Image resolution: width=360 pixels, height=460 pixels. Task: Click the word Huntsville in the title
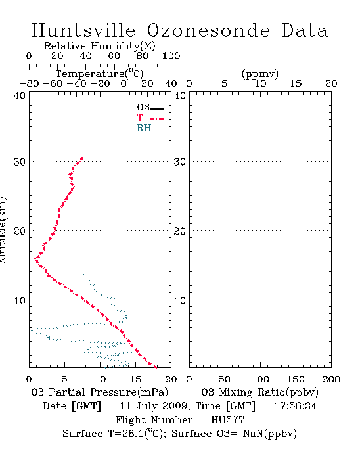click(x=83, y=30)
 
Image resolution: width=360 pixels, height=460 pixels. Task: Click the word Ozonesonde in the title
click(x=208, y=30)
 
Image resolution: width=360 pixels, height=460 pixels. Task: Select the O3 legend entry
click(x=150, y=108)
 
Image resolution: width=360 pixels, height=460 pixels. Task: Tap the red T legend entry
click(x=150, y=118)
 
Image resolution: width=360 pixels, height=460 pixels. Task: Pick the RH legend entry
click(x=150, y=128)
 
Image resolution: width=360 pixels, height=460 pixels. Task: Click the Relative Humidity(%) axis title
click(x=100, y=46)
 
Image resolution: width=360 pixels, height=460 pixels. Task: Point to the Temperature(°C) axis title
click(x=100, y=74)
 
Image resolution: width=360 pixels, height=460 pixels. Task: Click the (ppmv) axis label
click(x=260, y=74)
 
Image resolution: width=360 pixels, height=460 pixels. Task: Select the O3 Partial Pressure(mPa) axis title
click(x=100, y=392)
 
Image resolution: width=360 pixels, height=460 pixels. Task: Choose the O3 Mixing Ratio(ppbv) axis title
click(x=259, y=392)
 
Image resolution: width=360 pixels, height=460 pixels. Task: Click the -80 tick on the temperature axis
click(x=29, y=83)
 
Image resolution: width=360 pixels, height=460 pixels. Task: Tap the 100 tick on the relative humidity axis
click(x=171, y=56)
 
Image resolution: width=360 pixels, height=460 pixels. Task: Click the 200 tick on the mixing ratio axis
click(x=331, y=379)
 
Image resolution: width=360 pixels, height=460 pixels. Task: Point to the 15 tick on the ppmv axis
click(x=296, y=83)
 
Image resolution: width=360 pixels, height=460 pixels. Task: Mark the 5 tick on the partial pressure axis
click(x=64, y=379)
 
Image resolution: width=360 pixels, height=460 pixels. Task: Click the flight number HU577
click(x=227, y=420)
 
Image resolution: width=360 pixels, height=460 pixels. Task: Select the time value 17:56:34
click(x=295, y=406)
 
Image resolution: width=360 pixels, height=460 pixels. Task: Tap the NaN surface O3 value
click(x=253, y=434)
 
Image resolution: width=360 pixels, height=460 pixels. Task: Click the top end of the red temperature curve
click(x=82, y=158)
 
